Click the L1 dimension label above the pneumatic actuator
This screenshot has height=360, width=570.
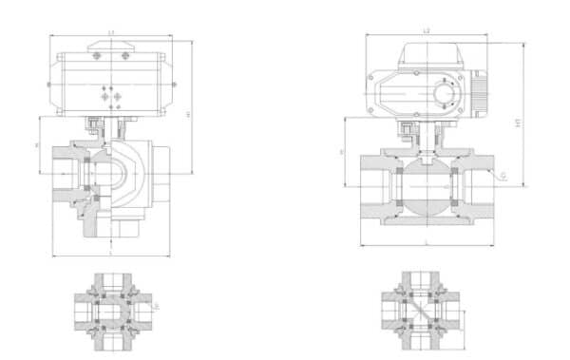[x=111, y=33]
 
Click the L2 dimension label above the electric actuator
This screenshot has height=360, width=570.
[x=427, y=32]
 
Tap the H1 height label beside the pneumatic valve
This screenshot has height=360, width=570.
[x=190, y=114]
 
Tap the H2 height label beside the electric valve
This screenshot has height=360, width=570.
[x=518, y=123]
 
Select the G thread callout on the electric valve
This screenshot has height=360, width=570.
[x=503, y=177]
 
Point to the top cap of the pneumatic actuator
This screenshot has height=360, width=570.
[x=111, y=46]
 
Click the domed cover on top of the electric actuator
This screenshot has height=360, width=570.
[x=427, y=54]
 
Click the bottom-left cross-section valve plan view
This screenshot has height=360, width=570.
[x=111, y=308]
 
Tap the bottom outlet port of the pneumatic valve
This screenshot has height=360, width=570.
[x=128, y=228]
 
